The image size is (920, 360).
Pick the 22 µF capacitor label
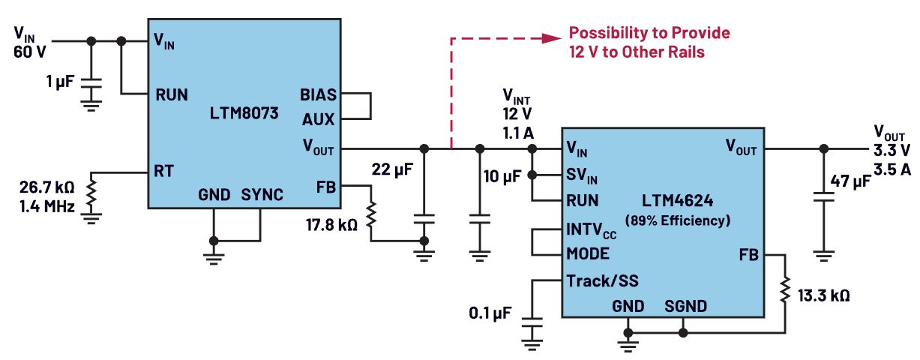pos(394,171)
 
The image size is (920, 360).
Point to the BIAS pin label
pos(318,95)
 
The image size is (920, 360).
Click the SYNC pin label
pos(262,195)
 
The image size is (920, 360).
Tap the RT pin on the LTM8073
pos(165,172)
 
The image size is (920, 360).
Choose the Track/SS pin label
pos(603,281)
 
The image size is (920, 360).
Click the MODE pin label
pos(589,253)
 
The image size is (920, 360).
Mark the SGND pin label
pos(685,306)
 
